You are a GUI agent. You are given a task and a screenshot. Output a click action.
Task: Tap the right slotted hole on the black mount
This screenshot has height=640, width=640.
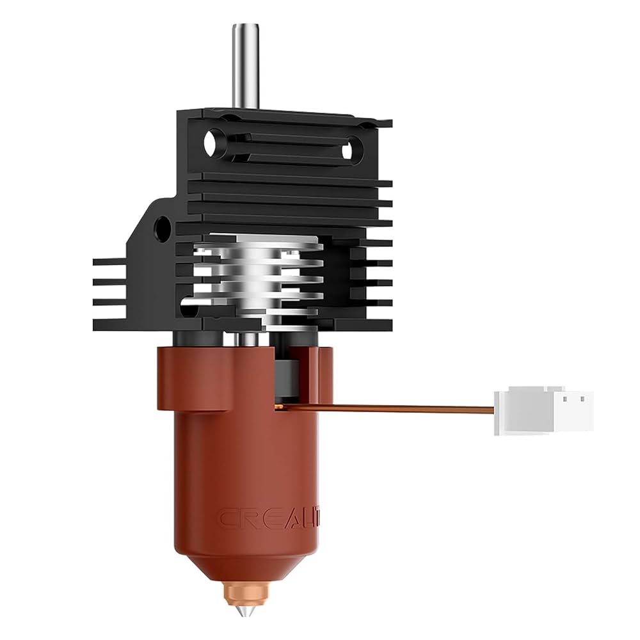click(x=348, y=151)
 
